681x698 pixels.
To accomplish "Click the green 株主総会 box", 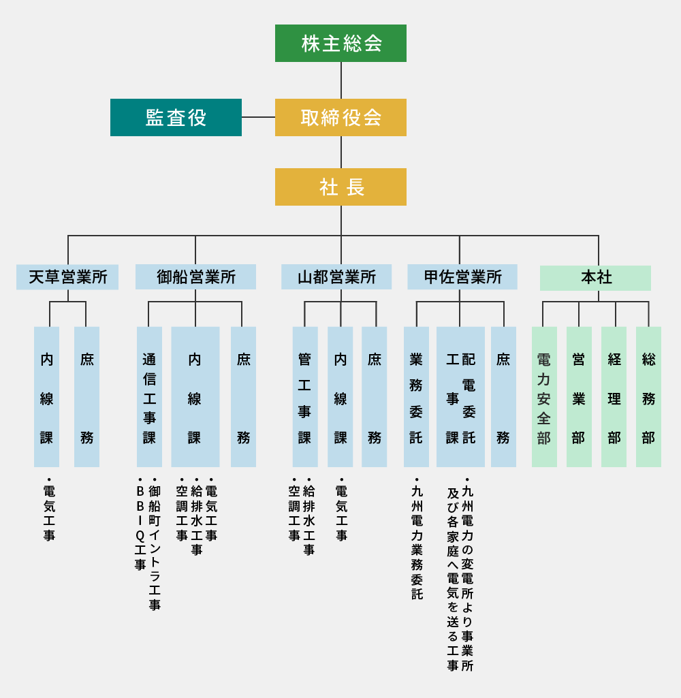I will (340, 43).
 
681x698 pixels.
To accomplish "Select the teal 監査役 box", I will (176, 117).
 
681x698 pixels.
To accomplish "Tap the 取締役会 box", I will (340, 117).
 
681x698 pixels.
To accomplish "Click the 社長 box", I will (340, 187).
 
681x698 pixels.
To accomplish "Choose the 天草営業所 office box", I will (67, 277).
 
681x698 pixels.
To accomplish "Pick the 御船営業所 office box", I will (195, 277).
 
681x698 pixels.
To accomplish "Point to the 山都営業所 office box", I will (336, 277).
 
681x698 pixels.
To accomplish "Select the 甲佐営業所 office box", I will (462, 277).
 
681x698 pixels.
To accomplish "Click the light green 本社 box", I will (595, 278).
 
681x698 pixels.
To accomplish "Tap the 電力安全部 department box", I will (544, 397).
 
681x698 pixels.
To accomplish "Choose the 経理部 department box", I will (614, 397).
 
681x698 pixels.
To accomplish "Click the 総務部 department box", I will (648, 397).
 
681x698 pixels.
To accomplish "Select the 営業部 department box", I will (579, 397).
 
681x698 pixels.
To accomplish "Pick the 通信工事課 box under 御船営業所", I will (149, 397).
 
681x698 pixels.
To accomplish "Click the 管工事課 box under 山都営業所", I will (305, 397).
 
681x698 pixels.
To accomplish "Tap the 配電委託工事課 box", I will (460, 397).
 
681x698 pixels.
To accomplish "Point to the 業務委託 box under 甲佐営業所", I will (416, 397).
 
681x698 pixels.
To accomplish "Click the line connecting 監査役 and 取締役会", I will (258, 117).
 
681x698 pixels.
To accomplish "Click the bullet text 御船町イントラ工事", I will (155, 545).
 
